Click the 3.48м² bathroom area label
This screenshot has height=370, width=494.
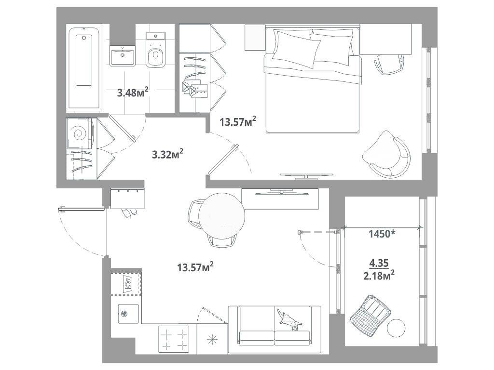(x=133, y=92)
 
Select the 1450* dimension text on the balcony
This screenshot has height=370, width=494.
(x=382, y=234)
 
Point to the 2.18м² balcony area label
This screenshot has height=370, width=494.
(x=379, y=275)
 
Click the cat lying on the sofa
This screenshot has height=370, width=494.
(x=289, y=319)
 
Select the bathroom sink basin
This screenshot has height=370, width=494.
(x=123, y=55)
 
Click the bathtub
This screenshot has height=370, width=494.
(x=84, y=68)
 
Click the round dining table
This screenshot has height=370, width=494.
(x=222, y=215)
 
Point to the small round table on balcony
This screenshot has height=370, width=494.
(x=396, y=329)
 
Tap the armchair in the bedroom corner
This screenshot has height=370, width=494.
(x=387, y=154)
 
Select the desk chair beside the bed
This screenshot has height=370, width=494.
(x=389, y=64)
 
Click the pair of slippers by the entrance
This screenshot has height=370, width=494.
(x=129, y=212)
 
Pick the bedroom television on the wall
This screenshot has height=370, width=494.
(x=306, y=175)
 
